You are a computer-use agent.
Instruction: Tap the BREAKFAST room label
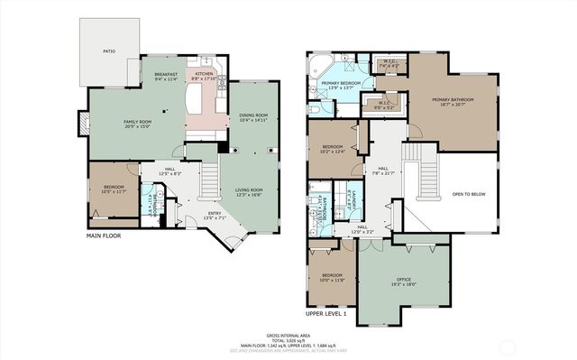[x=164, y=76]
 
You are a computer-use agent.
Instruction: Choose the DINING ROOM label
[x=253, y=115]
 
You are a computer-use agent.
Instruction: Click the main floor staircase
[x=208, y=180]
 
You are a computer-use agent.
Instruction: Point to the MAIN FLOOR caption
[x=104, y=235]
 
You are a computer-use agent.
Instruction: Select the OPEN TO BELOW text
[x=470, y=193]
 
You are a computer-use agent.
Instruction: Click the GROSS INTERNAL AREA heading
[x=288, y=335]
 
